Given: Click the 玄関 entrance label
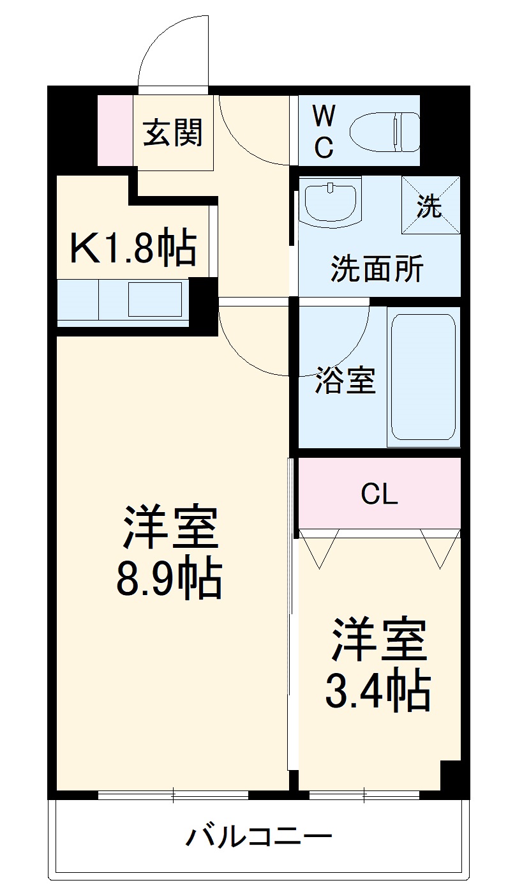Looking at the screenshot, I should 172,133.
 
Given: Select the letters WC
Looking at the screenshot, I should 324,132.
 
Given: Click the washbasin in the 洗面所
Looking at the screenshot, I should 330,202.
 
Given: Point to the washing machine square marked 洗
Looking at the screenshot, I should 430,205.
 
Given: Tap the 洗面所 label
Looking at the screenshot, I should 377,270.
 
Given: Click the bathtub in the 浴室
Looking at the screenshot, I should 423,377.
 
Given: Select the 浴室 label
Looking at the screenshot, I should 345,381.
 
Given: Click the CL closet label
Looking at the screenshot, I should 379,494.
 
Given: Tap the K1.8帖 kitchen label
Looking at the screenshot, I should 133,248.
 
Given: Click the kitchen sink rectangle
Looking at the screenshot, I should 155,299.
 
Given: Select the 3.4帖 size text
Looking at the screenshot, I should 378,690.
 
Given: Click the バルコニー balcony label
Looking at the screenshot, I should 258,836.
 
